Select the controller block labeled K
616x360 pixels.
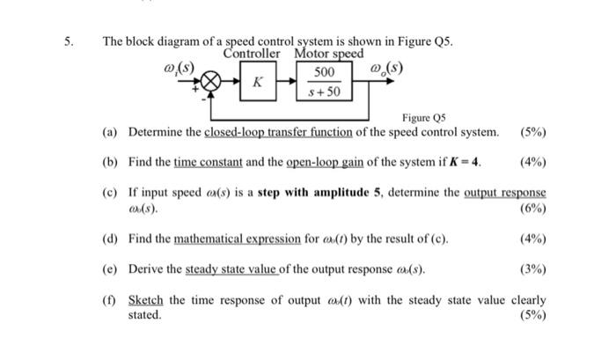pyautogui.click(x=256, y=82)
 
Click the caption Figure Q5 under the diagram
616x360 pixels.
pyautogui.click(x=424, y=117)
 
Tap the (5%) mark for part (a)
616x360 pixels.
pyautogui.click(x=532, y=132)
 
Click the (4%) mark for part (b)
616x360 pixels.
pyautogui.click(x=532, y=162)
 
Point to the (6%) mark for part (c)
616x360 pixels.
pyautogui.click(x=532, y=209)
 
